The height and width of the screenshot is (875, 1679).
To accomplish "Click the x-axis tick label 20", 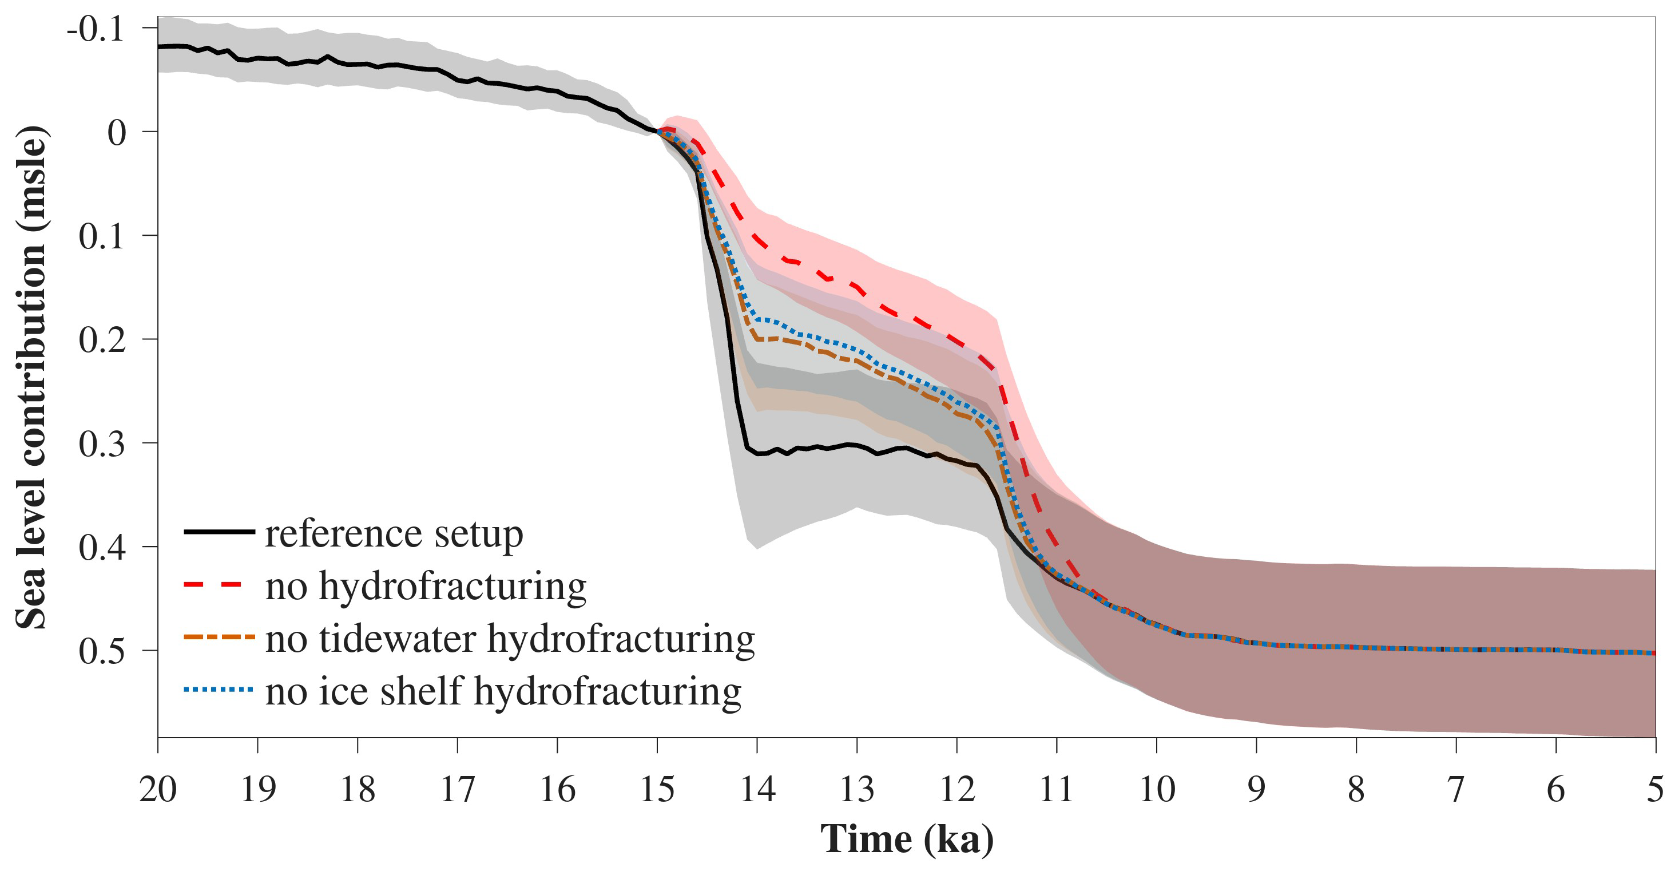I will [x=158, y=790].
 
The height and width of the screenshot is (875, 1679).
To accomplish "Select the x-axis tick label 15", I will [x=657, y=790].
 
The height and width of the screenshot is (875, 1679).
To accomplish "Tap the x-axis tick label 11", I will [x=1056, y=790].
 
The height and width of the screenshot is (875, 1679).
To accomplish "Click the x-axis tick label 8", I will [x=1356, y=790].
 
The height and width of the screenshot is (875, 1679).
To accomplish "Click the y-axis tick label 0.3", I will [x=102, y=444].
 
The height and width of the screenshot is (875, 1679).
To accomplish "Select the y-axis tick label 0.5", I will [x=102, y=651].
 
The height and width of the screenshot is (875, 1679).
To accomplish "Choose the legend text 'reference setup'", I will [x=394, y=534].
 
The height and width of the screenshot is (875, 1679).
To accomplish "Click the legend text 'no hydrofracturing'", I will [x=426, y=586].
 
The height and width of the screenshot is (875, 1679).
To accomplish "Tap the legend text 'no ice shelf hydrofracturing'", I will [x=503, y=691].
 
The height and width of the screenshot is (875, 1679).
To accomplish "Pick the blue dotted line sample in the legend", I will [x=219, y=689].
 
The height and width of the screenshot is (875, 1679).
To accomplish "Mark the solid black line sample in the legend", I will [x=219, y=532].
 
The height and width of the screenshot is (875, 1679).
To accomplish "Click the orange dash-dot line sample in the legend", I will [x=219, y=636].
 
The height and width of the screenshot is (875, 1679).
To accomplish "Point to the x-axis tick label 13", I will [x=856, y=790].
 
